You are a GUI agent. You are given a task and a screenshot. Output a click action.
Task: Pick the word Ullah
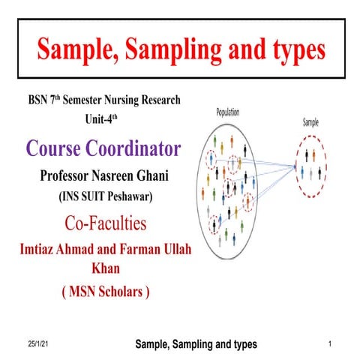tap(176, 249)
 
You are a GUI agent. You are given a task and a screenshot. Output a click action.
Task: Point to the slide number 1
tap(330, 343)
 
